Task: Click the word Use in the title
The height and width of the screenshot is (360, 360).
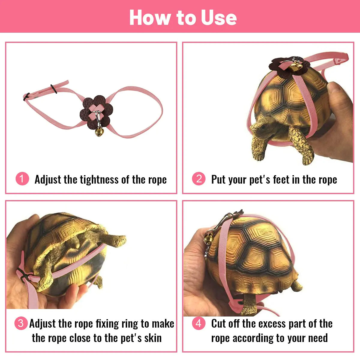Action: click(x=219, y=18)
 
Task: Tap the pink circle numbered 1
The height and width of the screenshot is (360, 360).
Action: click(x=22, y=178)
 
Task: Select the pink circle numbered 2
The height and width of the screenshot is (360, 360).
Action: click(x=199, y=178)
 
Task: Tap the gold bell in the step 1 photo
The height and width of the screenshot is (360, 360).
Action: click(x=99, y=131)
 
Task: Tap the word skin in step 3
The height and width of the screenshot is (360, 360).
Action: click(x=153, y=338)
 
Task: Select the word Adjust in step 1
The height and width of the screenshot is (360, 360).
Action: click(x=48, y=180)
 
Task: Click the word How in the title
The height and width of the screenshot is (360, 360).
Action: click(x=149, y=18)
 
